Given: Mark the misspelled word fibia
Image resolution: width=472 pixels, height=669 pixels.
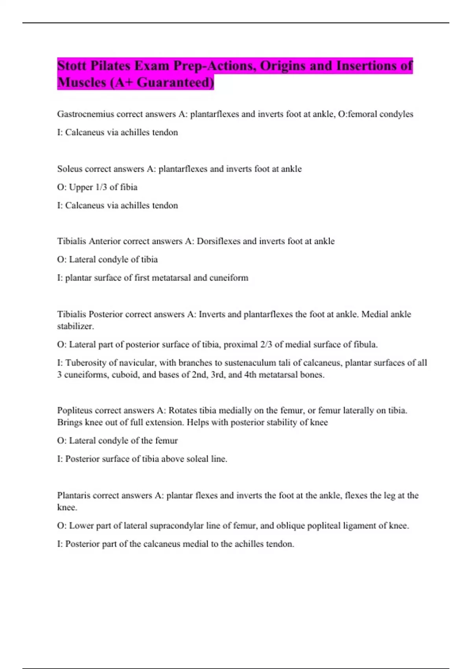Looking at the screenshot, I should point(129,187).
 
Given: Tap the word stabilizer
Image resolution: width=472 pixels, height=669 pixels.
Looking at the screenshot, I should point(75,326).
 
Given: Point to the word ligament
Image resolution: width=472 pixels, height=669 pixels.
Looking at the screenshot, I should point(358,526).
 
